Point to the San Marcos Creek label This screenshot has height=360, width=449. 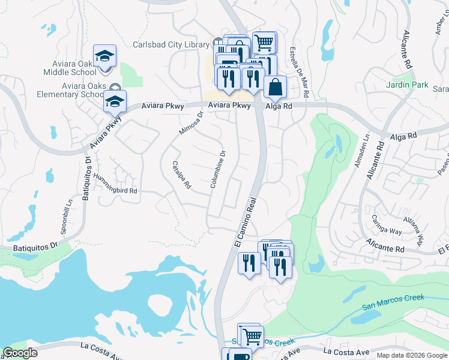pos(393,302)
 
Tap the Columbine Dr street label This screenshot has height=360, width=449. pos(217,169)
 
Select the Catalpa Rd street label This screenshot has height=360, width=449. pos(181,175)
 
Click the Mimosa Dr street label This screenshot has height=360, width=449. pos(191,122)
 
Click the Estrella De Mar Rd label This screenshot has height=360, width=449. pos(299,73)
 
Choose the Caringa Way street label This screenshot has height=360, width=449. pos(386,224)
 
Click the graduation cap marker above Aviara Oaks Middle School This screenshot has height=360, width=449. pos(105,56)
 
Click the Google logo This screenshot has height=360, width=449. pos(20,353)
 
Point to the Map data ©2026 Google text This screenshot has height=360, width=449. pos(412,355)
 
